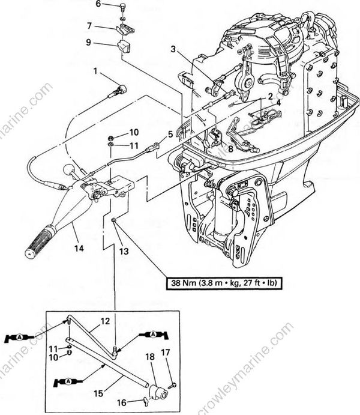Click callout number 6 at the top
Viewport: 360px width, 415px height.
(99, 5)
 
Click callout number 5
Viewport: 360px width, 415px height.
(170, 135)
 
